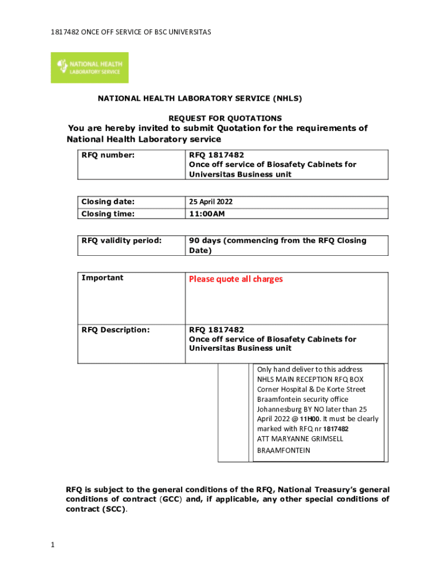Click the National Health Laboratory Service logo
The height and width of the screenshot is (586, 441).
click(x=89, y=68)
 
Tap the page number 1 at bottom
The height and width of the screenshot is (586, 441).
click(x=52, y=544)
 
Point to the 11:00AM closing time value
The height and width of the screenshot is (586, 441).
click(x=207, y=214)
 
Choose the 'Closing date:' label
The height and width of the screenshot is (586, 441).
click(x=108, y=202)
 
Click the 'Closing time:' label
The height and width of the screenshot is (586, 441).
click(x=108, y=214)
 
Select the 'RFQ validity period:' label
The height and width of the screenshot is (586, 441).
click(x=121, y=240)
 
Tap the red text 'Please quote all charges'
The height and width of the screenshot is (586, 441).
click(x=236, y=279)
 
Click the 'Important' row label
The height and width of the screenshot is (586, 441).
click(x=102, y=278)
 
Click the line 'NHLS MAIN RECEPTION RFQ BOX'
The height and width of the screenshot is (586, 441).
click(x=310, y=379)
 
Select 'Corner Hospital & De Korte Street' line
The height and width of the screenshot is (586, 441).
click(x=311, y=389)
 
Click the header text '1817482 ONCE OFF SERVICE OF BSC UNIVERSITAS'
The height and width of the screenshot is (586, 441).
click(x=122, y=31)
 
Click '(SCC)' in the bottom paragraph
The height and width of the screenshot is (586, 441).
click(x=114, y=509)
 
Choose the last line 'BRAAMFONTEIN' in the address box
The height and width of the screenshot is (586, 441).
click(x=283, y=450)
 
